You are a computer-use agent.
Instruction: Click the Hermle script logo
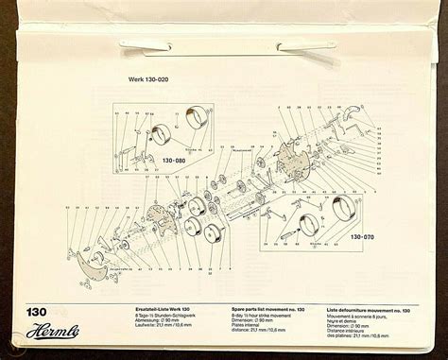click(x=59, y=333)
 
